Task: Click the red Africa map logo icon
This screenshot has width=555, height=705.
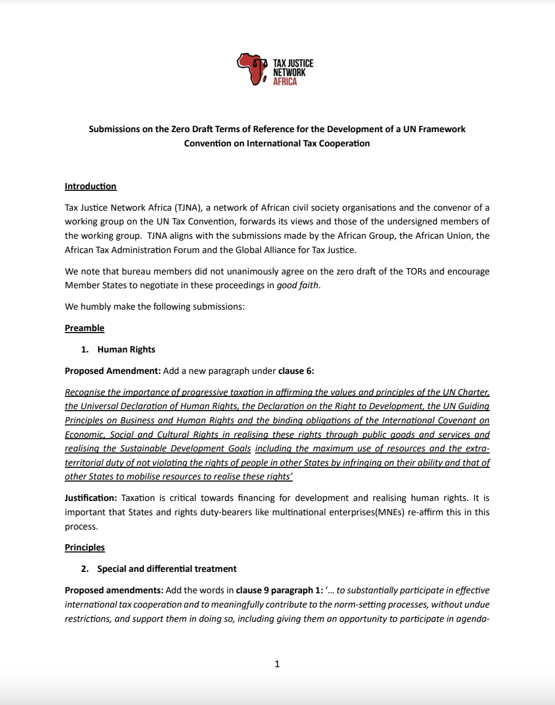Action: click(x=252, y=69)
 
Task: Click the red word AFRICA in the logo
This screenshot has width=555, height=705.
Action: click(x=285, y=82)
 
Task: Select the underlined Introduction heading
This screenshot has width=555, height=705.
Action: click(x=90, y=186)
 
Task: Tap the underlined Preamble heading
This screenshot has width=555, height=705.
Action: click(x=84, y=328)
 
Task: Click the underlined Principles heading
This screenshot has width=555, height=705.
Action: click(x=85, y=547)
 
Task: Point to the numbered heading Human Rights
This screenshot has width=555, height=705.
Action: click(x=126, y=349)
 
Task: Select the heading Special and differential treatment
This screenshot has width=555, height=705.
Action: click(x=167, y=569)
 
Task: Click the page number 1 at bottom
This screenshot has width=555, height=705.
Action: click(x=277, y=664)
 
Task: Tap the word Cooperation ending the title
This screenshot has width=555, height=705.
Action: click(x=344, y=143)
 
